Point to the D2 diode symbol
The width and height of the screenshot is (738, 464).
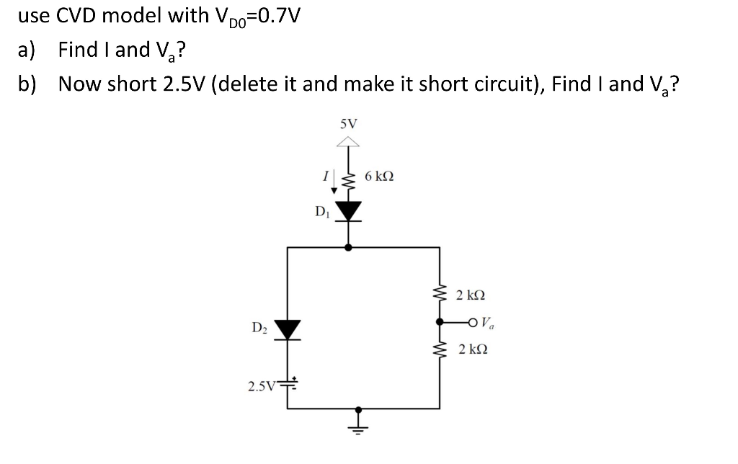tap(288, 329)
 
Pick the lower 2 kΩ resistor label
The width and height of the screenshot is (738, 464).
tap(471, 349)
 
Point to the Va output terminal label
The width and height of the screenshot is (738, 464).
tap(487, 322)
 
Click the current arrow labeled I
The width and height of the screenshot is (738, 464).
tap(333, 183)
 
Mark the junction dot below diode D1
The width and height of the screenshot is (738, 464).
tap(349, 247)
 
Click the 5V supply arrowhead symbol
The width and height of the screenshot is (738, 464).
tap(349, 143)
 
